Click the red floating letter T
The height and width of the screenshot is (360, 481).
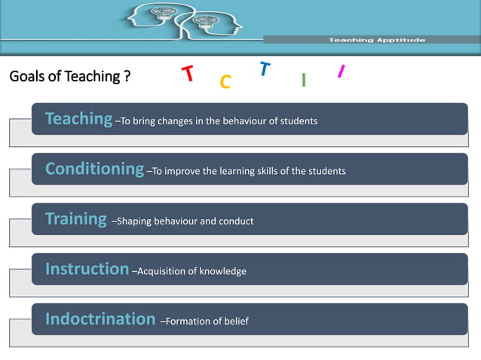coord(188,74)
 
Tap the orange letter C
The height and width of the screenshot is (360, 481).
coord(225,82)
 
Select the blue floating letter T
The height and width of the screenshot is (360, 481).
coord(264,69)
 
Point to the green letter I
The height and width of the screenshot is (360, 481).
coord(303,81)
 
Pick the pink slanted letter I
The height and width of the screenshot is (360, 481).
coord(341,72)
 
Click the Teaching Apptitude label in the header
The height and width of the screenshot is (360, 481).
coord(377,40)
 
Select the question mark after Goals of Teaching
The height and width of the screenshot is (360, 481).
coord(127,77)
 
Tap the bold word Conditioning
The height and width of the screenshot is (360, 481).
coord(94,169)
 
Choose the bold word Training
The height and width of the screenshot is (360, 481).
coord(76,219)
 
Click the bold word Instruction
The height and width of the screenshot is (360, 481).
coord(87,269)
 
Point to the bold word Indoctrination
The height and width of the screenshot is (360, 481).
coord(100,319)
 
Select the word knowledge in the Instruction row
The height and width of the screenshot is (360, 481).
coord(222,271)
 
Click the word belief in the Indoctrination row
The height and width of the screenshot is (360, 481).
coord(234,322)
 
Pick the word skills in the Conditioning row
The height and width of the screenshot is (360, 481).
coord(265,172)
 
